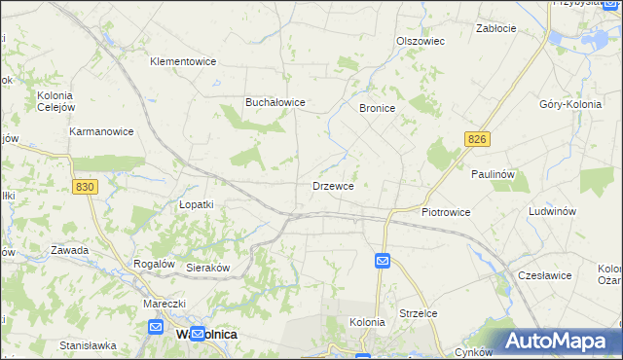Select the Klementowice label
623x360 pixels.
pos(181,61)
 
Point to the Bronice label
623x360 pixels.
pos(377,108)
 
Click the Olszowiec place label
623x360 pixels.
pos(421,41)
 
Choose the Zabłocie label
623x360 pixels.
pos(495,28)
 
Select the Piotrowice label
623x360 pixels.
pos(446,211)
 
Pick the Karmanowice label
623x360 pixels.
pos(101,130)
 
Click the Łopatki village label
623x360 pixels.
pos(196,204)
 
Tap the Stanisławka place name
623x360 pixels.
pos(88,344)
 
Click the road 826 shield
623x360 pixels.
pos(476,141)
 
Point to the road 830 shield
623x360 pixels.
pos(85,187)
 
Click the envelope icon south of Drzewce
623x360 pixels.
pos(383,261)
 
